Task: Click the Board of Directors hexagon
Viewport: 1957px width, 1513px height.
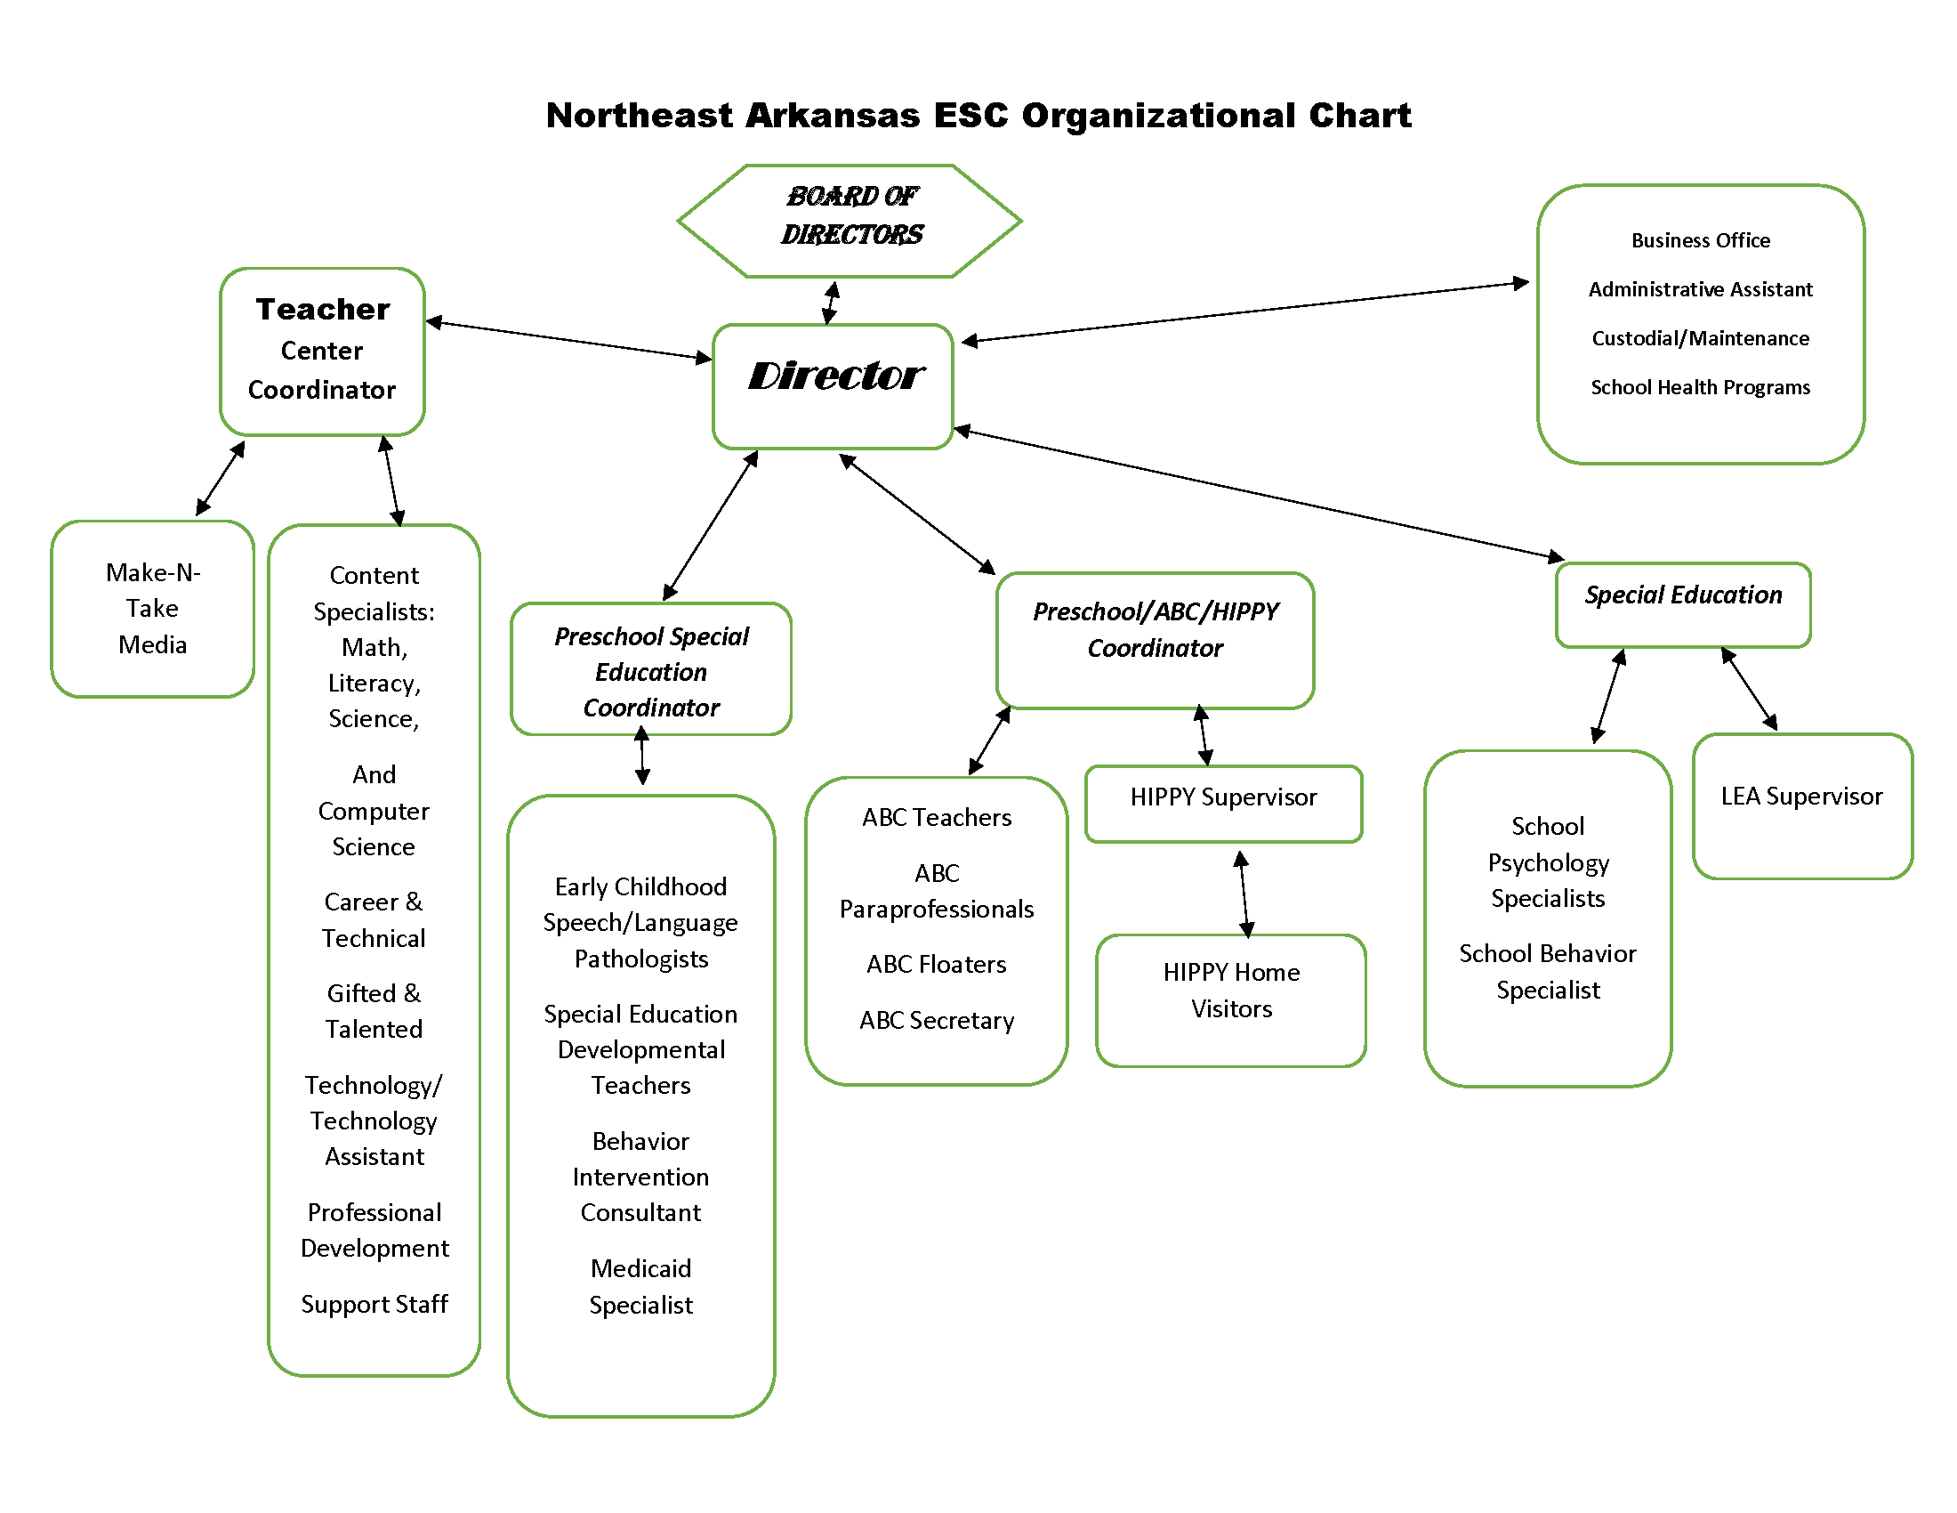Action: click(850, 220)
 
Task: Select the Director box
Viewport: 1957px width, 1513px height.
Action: click(833, 385)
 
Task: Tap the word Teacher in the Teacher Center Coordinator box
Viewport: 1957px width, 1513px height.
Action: click(323, 309)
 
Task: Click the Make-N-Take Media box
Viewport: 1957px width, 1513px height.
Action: click(152, 609)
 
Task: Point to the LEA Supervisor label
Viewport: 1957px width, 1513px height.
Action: click(1801, 796)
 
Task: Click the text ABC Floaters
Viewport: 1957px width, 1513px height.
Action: click(937, 965)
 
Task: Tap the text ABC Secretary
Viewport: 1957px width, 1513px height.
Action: click(937, 1020)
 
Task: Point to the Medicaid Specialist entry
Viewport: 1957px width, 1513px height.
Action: click(640, 1286)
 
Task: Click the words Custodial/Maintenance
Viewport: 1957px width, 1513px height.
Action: click(1700, 338)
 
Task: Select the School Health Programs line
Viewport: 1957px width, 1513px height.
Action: click(1700, 387)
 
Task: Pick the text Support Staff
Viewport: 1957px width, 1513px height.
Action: click(374, 1304)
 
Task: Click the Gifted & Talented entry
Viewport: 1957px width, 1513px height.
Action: click(374, 1011)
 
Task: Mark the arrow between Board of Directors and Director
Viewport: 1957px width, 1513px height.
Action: click(831, 302)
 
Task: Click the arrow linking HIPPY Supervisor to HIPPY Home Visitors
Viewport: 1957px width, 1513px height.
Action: click(1244, 894)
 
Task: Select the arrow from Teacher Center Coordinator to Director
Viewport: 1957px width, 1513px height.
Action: click(568, 340)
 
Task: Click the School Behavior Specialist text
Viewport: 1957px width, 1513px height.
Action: click(1547, 972)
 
